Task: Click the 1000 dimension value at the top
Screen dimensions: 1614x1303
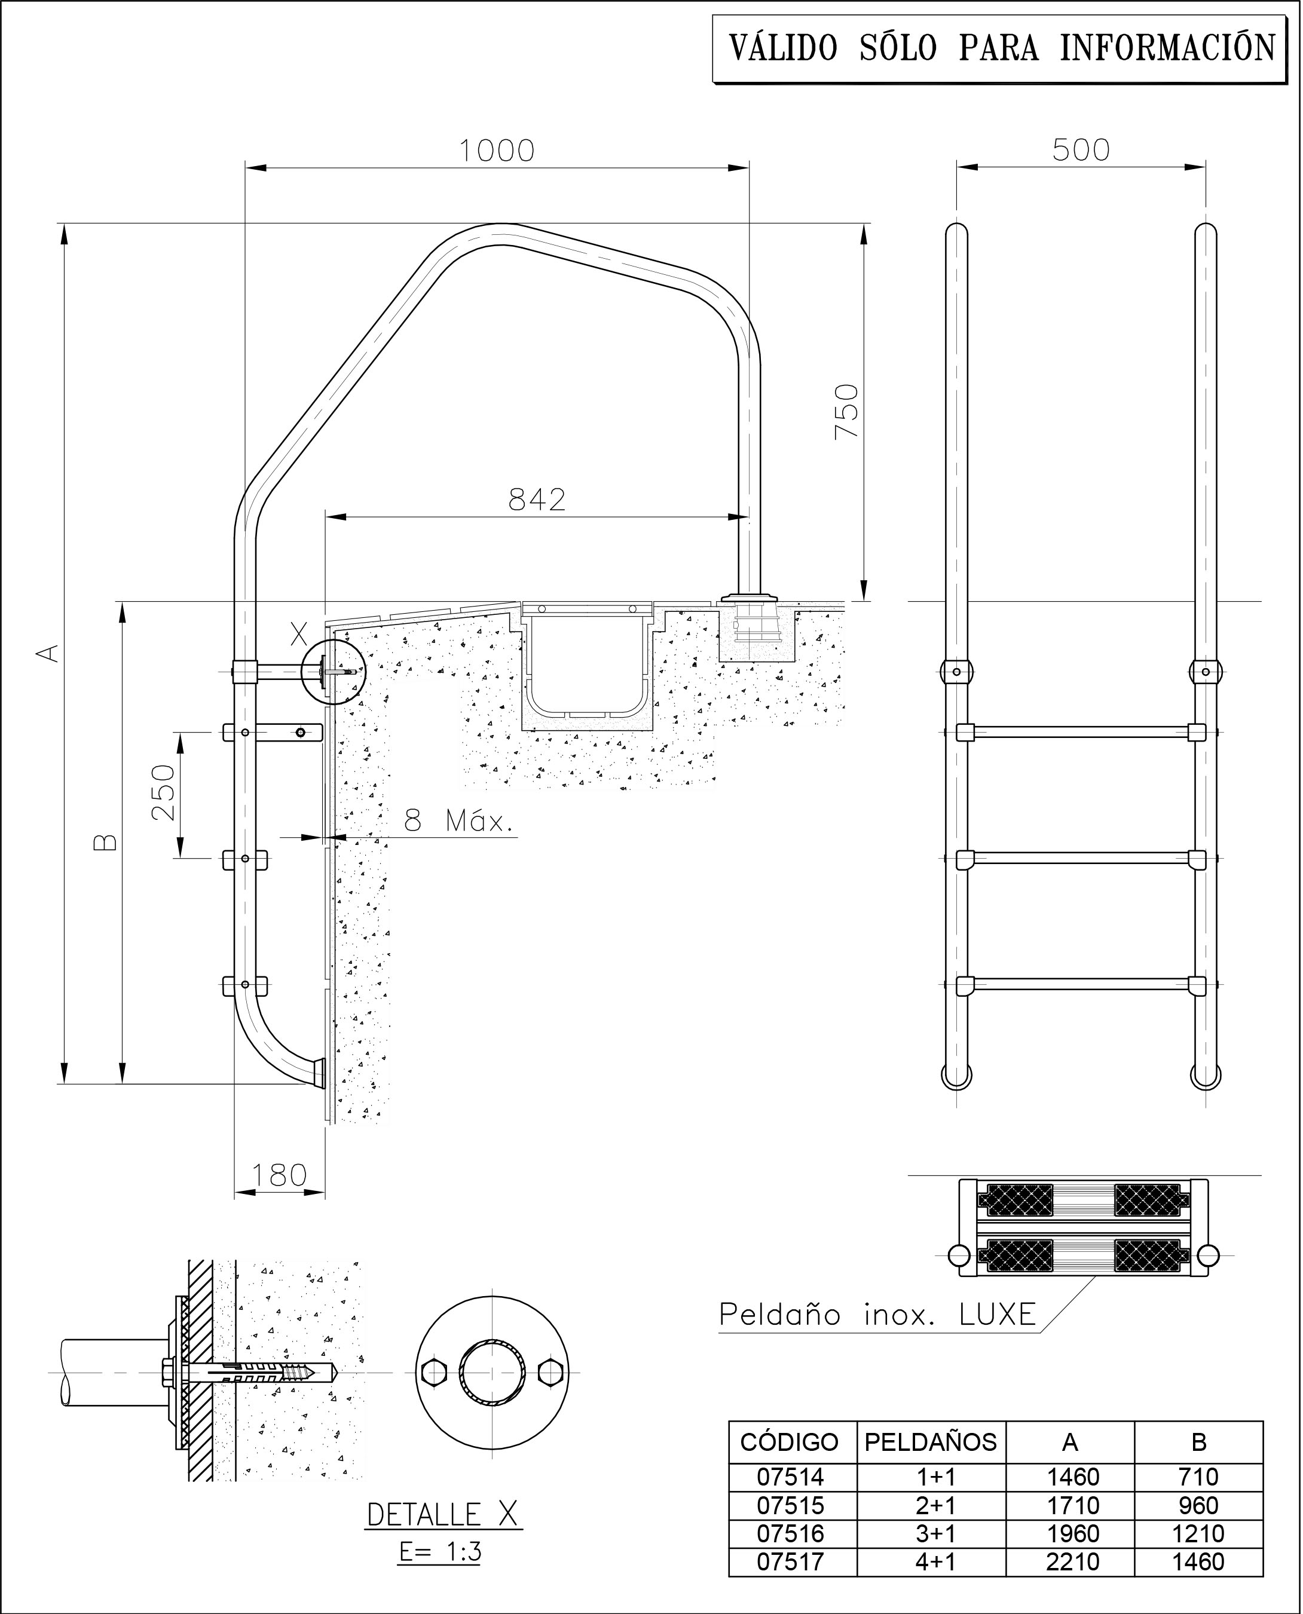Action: [496, 151]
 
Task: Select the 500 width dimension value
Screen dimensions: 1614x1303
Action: [1080, 150]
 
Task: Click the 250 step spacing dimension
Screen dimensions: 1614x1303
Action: [163, 793]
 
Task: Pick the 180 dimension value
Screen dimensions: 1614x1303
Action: [279, 1174]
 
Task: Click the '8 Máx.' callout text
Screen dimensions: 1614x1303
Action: [458, 822]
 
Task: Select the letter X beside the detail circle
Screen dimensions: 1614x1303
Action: [299, 635]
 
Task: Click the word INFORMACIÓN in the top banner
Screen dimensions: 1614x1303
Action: [1167, 48]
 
